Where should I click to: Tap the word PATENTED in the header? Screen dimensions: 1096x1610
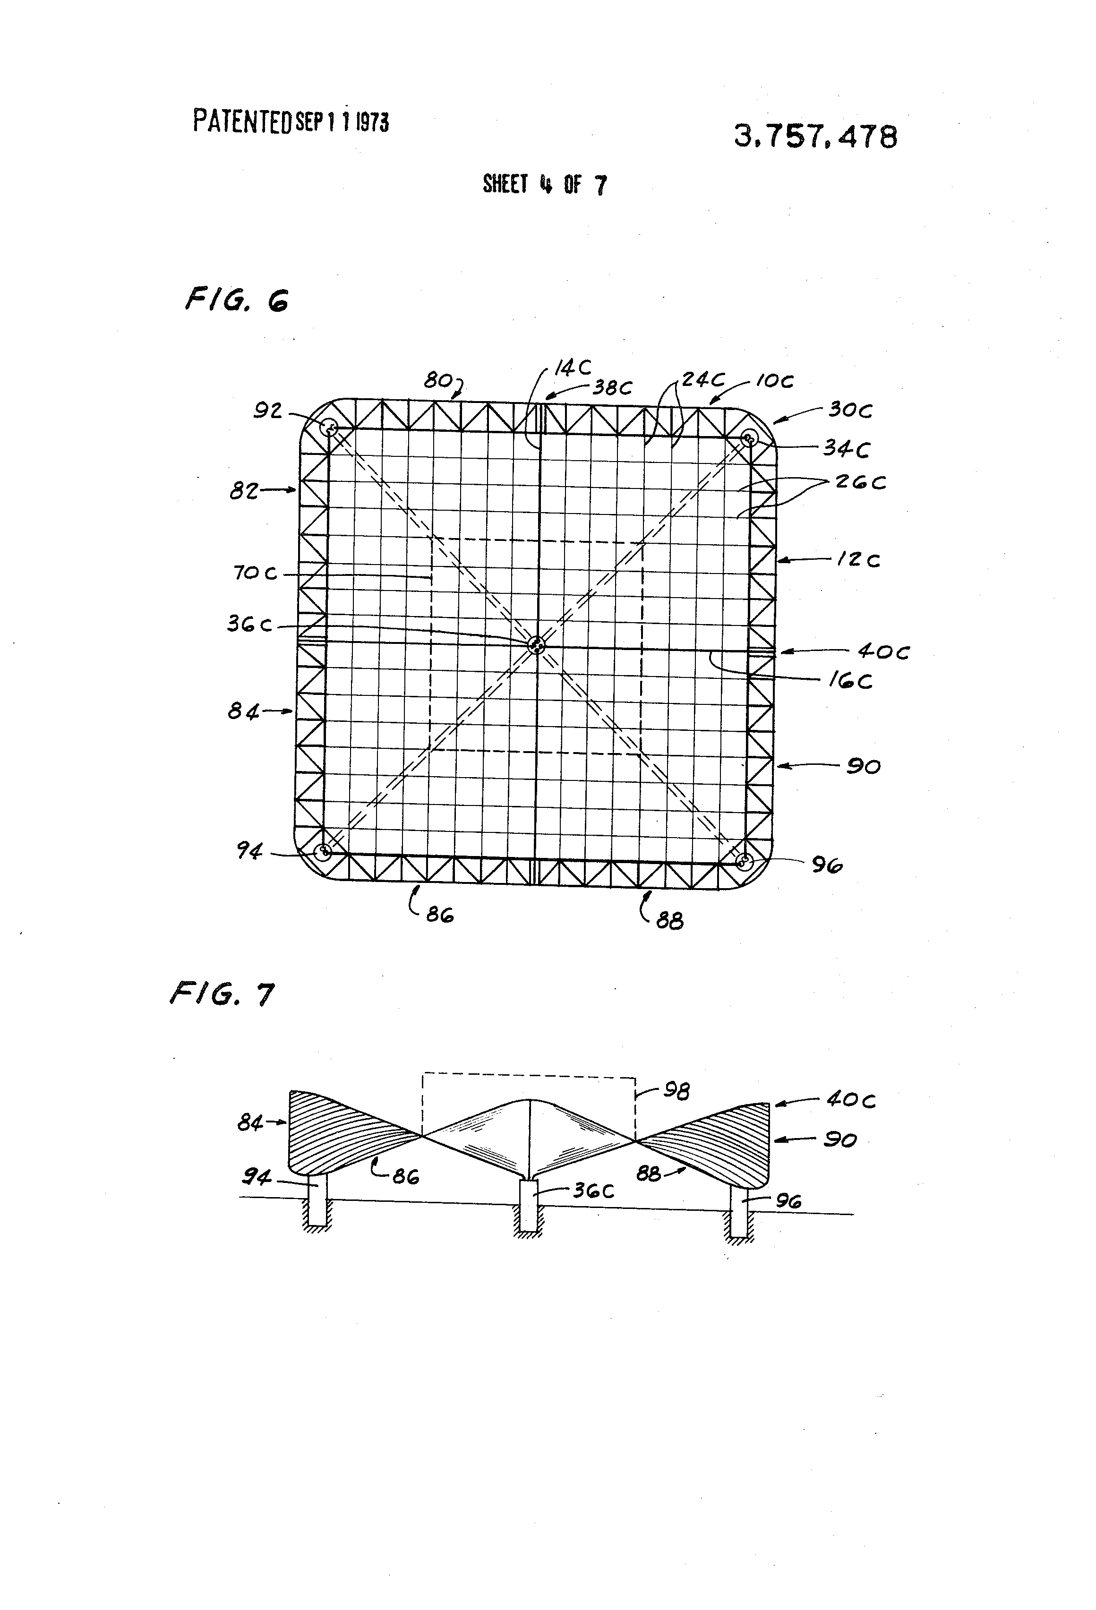(242, 121)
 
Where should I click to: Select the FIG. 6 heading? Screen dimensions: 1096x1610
(237, 300)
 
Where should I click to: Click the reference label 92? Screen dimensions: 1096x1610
(267, 411)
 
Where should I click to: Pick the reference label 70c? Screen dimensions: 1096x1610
(255, 573)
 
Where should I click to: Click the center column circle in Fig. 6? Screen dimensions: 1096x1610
(536, 645)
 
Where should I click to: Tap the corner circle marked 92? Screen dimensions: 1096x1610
(331, 428)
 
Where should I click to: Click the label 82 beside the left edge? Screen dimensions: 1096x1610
(244, 491)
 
